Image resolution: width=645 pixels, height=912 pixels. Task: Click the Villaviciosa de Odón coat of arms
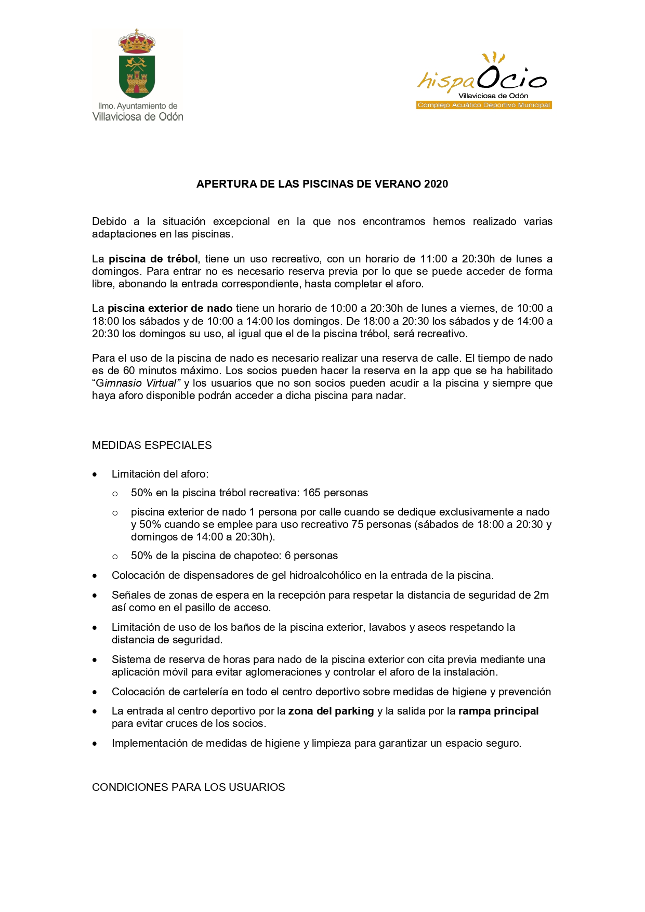click(137, 64)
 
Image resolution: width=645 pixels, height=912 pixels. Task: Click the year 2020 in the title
click(436, 184)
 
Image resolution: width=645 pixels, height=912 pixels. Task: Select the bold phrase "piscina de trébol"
click(153, 259)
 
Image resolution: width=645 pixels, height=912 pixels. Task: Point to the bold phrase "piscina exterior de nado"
click(170, 308)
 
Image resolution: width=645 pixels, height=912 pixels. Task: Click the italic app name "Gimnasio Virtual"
click(136, 383)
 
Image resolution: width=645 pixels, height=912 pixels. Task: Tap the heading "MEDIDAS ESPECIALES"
click(152, 445)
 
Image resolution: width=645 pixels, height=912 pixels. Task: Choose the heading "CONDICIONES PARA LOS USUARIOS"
click(188, 787)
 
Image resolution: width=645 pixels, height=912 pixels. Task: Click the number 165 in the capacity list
click(312, 493)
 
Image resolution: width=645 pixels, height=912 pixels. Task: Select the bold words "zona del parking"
click(331, 711)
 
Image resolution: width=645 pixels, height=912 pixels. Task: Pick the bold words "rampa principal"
click(498, 711)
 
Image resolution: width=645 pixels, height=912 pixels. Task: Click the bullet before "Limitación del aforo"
click(95, 474)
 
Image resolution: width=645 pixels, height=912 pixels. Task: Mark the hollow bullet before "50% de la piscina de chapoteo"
click(115, 557)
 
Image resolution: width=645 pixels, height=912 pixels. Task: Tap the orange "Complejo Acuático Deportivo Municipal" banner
click(483, 105)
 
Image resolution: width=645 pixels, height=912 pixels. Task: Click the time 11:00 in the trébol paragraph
click(433, 259)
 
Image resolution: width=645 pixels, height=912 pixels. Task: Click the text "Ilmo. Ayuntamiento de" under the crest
click(138, 106)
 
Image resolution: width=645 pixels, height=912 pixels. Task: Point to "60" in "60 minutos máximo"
click(129, 371)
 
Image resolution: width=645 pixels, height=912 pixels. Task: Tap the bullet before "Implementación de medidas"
click(95, 744)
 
